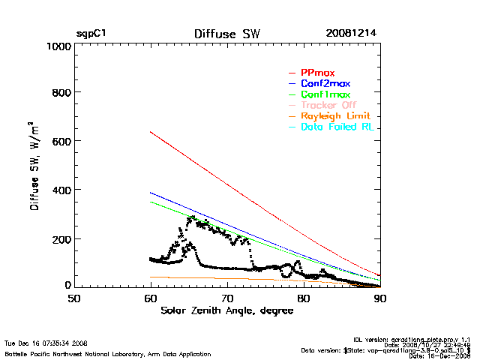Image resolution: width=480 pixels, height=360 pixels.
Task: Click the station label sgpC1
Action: coord(91,34)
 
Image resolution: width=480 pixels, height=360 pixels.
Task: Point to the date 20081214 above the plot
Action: coord(351,34)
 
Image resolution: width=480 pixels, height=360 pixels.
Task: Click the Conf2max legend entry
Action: coord(325,84)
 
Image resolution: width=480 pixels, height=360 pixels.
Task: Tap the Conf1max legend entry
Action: coord(325,95)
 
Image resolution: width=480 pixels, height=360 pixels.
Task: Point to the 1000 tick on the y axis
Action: coord(57,46)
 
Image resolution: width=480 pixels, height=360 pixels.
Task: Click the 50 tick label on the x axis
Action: coord(74,298)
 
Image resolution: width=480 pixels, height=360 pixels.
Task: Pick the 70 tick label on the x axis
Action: coord(227,298)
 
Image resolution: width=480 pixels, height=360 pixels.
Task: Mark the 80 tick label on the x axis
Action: coord(304,298)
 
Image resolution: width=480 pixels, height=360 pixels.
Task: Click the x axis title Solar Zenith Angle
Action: coord(227,310)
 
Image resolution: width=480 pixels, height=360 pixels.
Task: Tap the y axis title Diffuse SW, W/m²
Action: coord(35,166)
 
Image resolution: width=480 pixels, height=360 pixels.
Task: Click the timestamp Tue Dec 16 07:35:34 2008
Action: coord(46,343)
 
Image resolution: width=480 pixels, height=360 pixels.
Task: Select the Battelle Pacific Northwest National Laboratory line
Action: coord(108,353)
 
